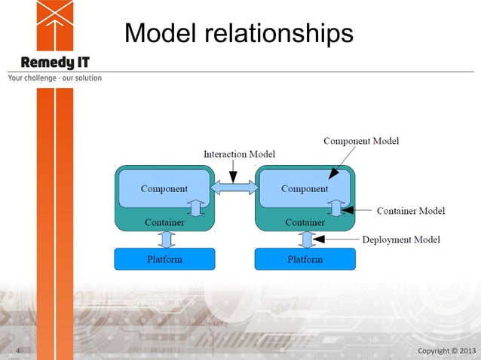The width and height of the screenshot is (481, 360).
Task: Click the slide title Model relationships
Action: [x=238, y=33]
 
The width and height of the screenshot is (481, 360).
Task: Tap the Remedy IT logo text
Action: [x=56, y=63]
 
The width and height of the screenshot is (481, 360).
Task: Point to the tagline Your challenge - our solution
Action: [x=54, y=78]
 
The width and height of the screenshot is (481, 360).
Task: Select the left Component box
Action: [x=164, y=188]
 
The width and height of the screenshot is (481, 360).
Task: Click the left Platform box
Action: [x=164, y=259]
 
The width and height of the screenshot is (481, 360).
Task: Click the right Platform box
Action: [x=305, y=259]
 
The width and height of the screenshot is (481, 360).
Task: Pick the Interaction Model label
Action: [x=239, y=154]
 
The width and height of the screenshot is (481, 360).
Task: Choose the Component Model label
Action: [x=361, y=141]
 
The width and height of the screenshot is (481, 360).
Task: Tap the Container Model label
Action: [x=411, y=211]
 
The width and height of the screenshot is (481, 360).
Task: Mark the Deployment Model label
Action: [x=401, y=239]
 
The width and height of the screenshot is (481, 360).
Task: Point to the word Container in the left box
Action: [x=164, y=222]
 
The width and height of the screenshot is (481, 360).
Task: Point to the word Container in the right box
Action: [x=305, y=222]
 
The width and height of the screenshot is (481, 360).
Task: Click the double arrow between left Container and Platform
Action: [x=167, y=239]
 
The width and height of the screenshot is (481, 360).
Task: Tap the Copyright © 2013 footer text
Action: [x=447, y=351]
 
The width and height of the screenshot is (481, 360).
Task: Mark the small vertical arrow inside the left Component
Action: [x=195, y=207]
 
